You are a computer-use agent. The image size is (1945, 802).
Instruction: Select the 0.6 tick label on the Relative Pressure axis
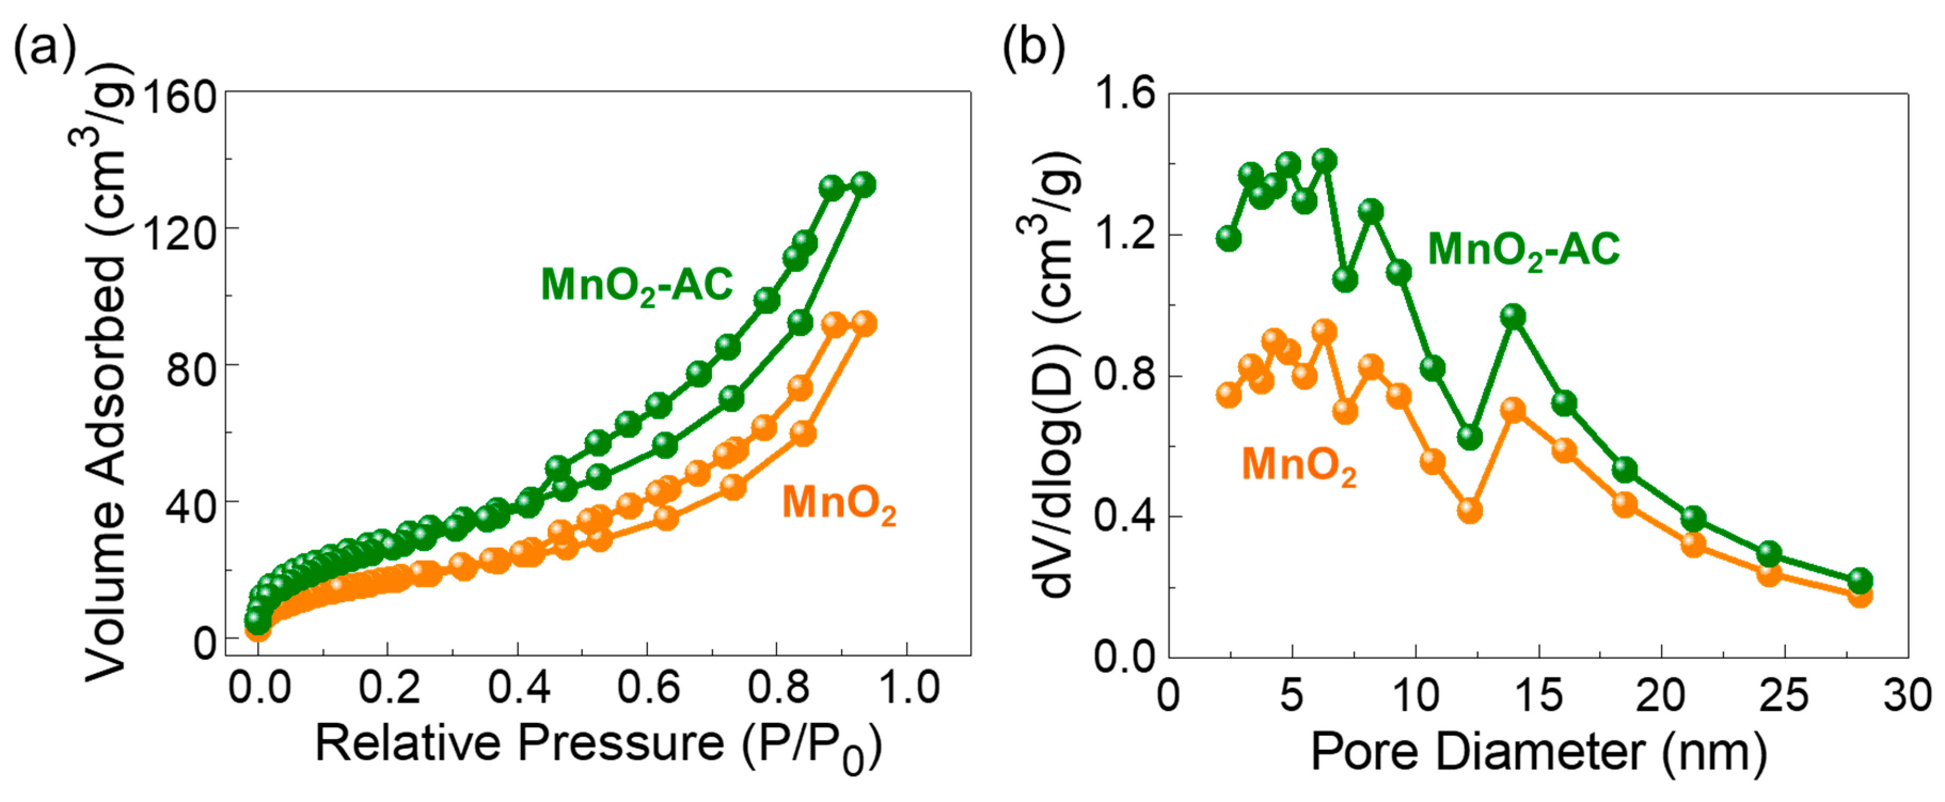coord(648,687)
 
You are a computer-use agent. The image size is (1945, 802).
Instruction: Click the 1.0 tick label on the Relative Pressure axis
coord(908,687)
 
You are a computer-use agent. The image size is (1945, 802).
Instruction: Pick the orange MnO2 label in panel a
coord(838,503)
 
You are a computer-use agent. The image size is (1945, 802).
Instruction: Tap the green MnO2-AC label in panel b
coord(1523,249)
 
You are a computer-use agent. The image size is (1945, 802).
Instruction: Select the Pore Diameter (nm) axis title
coord(1538,751)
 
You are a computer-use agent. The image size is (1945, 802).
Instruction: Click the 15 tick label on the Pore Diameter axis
coord(1538,694)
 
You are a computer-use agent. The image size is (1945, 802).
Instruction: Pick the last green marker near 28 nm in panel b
coord(1860,580)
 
